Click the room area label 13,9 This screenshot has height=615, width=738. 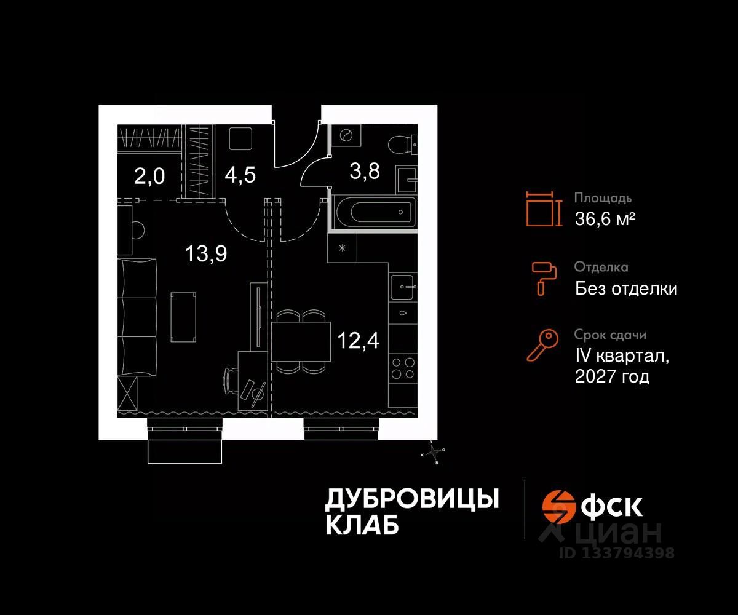[x=207, y=253]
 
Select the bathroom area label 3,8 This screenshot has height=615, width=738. [x=365, y=171]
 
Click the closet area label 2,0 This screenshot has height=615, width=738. [x=149, y=177]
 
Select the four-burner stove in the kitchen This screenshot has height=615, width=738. [x=403, y=368]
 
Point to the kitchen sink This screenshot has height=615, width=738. [x=403, y=286]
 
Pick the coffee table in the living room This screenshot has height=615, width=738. [x=184, y=316]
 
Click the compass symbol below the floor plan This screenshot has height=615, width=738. [x=436, y=453]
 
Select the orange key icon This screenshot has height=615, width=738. [x=542, y=345]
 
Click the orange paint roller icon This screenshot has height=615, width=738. [x=544, y=276]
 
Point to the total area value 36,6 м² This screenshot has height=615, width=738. [x=605, y=218]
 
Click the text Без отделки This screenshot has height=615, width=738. [x=626, y=288]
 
